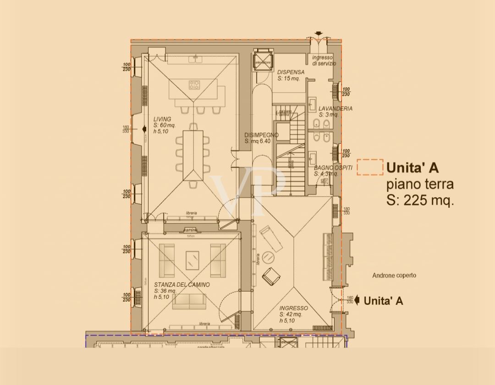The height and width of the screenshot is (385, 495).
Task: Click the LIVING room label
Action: [x=162, y=119]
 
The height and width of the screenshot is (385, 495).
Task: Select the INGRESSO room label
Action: [x=293, y=308]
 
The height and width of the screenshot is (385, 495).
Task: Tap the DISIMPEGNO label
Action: [x=261, y=135]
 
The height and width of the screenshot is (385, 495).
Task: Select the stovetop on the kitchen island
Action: [x=194, y=85]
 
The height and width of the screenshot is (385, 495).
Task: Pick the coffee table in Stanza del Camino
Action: [x=192, y=261]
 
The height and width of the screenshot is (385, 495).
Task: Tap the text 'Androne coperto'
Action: [x=394, y=275]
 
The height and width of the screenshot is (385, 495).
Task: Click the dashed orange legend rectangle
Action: [x=370, y=167]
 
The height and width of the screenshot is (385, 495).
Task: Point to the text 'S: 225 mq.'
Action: [x=420, y=201]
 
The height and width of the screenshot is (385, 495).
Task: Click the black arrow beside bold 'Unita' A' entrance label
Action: [x=357, y=301]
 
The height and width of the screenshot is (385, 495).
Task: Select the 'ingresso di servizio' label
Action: [x=324, y=60]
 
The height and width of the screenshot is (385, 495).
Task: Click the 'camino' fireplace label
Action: [x=190, y=229]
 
